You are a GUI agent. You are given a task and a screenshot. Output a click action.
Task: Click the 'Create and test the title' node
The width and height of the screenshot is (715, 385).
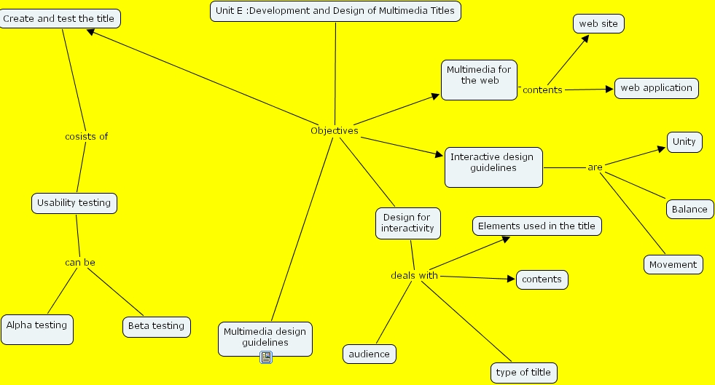tap(59, 18)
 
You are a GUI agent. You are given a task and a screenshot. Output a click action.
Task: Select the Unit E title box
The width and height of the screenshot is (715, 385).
tap(335, 11)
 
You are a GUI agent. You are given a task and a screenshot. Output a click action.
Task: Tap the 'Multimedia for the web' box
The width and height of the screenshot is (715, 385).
tap(479, 79)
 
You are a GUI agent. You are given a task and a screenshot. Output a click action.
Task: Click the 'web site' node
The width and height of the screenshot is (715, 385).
tap(598, 24)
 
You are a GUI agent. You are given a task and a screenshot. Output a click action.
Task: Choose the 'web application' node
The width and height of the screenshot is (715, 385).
tap(656, 88)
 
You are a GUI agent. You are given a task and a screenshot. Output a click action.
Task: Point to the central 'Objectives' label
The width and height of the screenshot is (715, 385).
tap(334, 131)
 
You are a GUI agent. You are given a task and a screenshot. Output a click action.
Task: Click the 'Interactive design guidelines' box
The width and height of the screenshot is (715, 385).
tap(493, 167)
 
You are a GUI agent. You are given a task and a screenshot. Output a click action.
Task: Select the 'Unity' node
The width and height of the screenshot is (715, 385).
tap(684, 142)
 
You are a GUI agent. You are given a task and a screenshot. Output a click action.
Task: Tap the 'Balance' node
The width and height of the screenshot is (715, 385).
tap(689, 209)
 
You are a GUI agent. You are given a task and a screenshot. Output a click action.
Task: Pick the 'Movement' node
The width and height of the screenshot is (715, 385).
tap(673, 264)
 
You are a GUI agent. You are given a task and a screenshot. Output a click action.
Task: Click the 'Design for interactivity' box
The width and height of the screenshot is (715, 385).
tap(407, 223)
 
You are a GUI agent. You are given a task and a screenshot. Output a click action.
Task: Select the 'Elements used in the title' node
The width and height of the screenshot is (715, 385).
tap(536, 226)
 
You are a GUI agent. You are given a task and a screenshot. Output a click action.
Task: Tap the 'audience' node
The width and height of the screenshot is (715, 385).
tap(369, 354)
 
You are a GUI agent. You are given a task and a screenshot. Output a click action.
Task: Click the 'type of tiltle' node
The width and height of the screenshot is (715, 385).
tap(523, 373)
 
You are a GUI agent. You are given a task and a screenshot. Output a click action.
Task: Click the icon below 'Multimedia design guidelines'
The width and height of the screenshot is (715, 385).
tap(266, 357)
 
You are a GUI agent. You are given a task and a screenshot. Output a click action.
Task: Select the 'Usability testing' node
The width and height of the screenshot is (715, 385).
tap(74, 203)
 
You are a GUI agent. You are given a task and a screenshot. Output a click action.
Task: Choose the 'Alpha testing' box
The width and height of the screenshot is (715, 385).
tap(36, 329)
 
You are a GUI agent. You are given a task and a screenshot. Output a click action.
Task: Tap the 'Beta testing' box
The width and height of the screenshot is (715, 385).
tap(156, 326)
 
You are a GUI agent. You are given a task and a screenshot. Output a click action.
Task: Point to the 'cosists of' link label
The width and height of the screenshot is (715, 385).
tap(86, 136)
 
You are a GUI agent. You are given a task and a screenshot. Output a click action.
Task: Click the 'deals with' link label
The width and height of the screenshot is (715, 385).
tap(414, 275)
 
